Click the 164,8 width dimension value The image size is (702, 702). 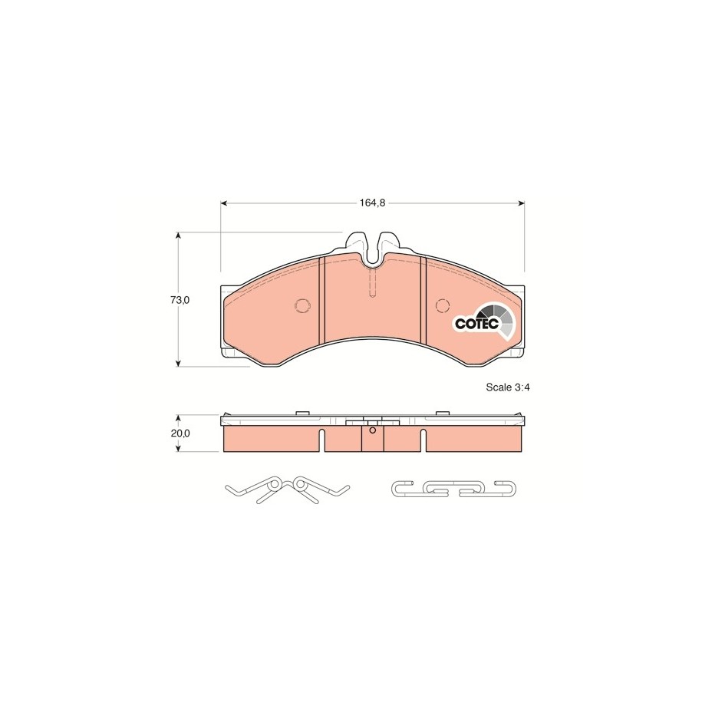(372, 203)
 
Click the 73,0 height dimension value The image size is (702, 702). (180, 300)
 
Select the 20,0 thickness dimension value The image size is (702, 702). (180, 433)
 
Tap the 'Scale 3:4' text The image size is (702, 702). (508, 387)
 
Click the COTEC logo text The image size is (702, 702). (476, 323)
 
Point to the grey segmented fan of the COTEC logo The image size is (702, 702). (498, 318)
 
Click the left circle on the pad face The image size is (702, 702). (302, 305)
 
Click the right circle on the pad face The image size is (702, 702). (443, 305)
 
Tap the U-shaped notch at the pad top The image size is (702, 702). (373, 250)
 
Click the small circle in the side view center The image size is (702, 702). (372, 430)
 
